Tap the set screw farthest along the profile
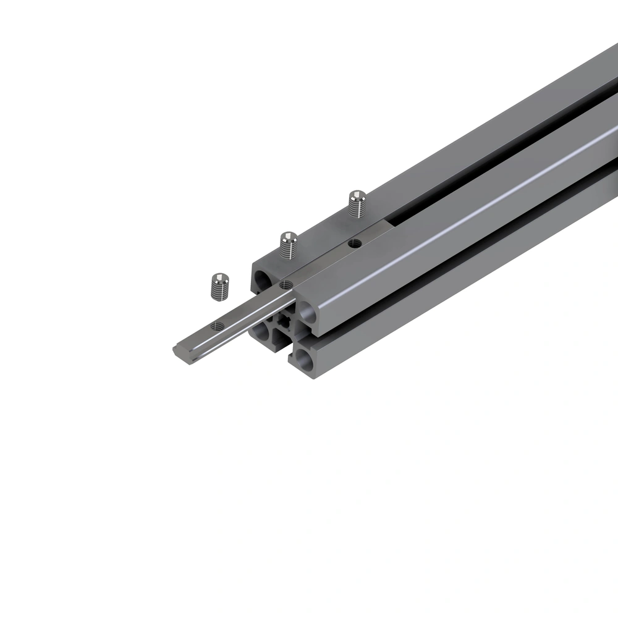point(357,203)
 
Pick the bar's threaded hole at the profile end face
point(286,284)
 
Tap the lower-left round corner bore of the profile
point(261,332)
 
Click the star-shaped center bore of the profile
point(285,321)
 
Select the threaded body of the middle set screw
point(287,250)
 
